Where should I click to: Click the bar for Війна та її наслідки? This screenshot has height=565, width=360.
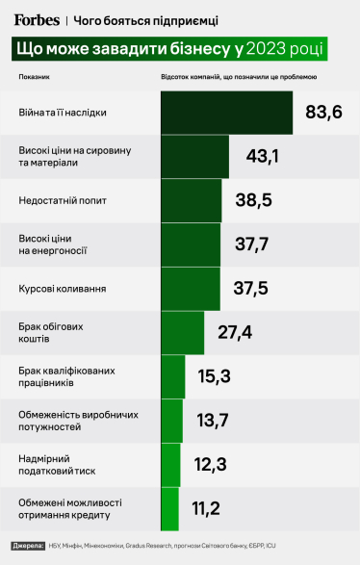[226, 113]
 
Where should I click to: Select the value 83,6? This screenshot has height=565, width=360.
[323, 113]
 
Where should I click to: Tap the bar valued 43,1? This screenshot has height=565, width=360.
[195, 157]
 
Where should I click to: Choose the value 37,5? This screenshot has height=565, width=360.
[253, 289]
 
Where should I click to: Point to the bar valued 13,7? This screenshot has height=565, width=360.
[172, 421]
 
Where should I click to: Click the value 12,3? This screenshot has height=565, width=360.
[209, 465]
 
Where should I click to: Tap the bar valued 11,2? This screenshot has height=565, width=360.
[170, 508]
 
